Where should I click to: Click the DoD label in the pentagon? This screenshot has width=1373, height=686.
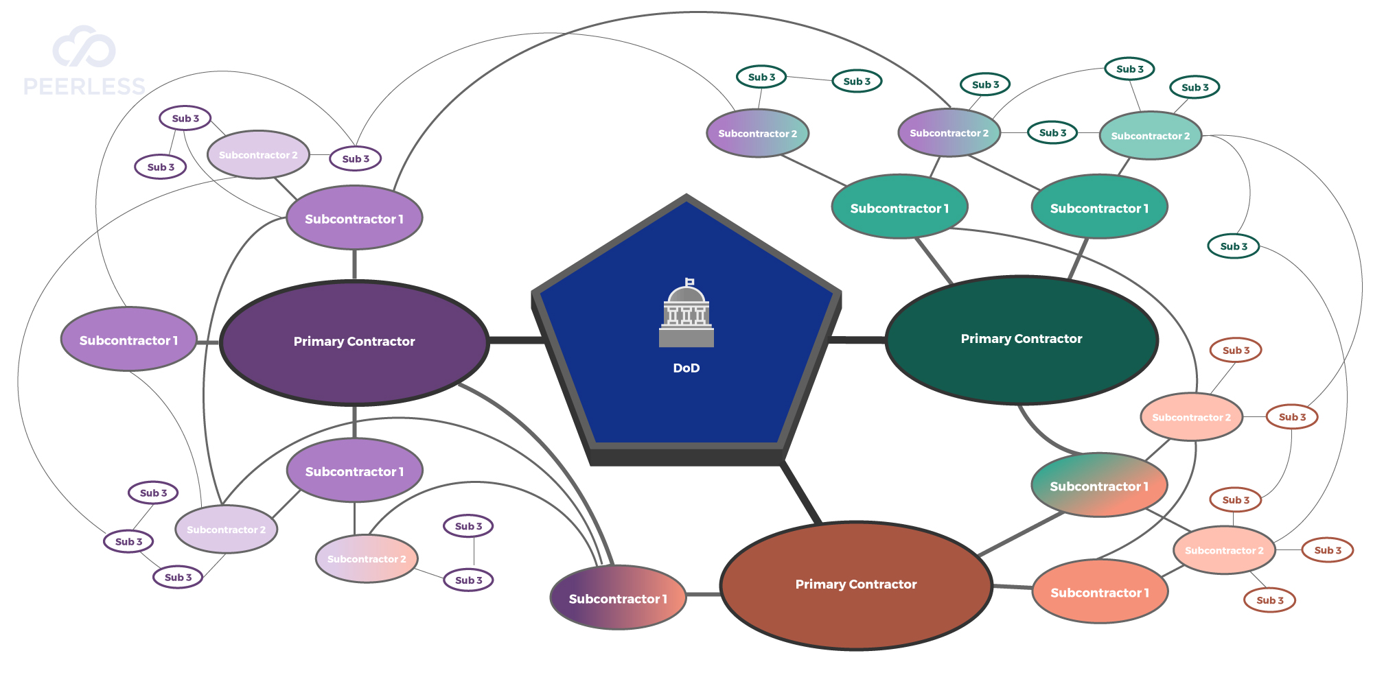coord(686,368)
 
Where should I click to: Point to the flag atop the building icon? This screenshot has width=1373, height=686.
coord(689,282)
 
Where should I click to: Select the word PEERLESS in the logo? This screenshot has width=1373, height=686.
coord(84,86)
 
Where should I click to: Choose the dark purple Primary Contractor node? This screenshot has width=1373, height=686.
coord(354,342)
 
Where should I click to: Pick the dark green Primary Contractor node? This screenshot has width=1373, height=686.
coord(1022,339)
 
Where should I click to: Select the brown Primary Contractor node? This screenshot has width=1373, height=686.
coord(856,584)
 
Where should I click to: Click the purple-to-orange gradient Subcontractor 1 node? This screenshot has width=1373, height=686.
coord(618,598)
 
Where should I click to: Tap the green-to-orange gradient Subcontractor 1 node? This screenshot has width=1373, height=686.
coord(1099,486)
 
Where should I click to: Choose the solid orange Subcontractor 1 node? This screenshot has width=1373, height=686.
coord(1100,593)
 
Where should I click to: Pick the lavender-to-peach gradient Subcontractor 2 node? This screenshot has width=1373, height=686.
coord(367,559)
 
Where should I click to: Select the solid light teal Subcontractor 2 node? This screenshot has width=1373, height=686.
coord(1151,136)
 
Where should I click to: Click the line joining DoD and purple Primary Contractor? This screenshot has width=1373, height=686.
coord(516,340)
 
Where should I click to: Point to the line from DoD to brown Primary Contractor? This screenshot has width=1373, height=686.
coord(801,493)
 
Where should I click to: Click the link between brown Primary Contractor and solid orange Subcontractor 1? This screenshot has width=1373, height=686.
coord(1013,587)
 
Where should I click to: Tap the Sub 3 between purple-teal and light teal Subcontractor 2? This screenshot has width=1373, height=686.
coord(1052,133)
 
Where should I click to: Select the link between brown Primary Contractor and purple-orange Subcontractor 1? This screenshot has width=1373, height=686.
coord(703,594)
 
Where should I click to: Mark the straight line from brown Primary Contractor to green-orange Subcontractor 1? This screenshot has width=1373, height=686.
coord(1020,534)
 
